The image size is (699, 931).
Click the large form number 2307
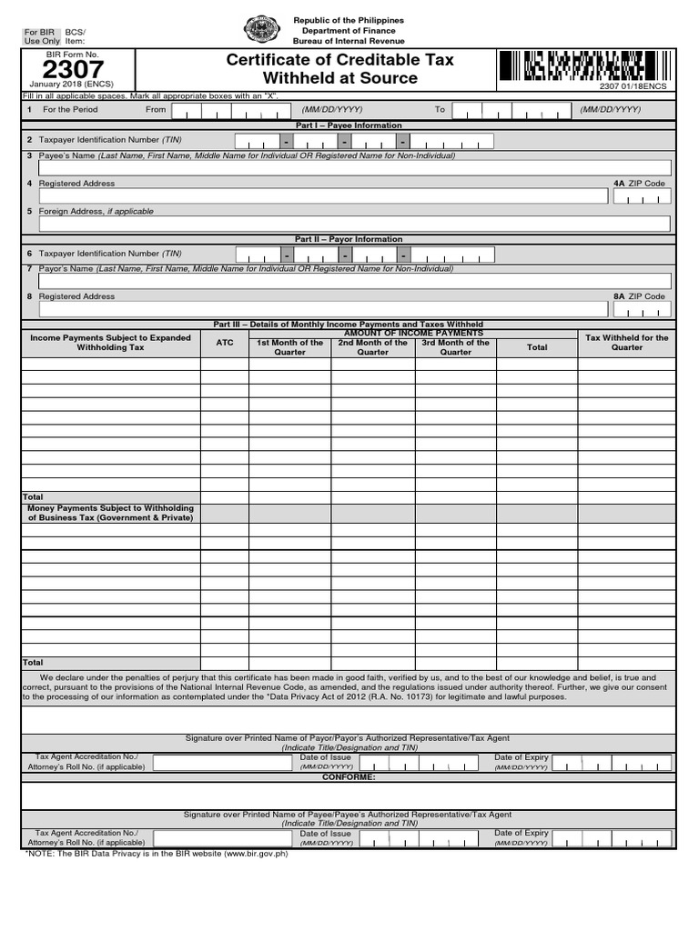click(x=74, y=70)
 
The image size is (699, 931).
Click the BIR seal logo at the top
click(x=262, y=29)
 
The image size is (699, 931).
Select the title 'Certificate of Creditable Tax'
click(x=339, y=60)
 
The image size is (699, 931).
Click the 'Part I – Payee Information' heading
click(x=349, y=125)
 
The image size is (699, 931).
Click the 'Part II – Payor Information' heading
click(x=349, y=239)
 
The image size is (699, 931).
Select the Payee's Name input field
click(x=354, y=167)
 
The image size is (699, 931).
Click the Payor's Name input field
click(x=354, y=281)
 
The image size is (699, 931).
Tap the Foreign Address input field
click(x=354, y=224)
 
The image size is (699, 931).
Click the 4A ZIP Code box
click(x=642, y=196)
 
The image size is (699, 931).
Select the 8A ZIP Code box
click(x=642, y=310)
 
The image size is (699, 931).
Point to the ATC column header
click(x=225, y=343)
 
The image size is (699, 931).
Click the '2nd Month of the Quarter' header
click(x=373, y=347)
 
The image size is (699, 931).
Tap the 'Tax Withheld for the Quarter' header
click(x=626, y=343)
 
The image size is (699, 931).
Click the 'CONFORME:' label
click(x=349, y=777)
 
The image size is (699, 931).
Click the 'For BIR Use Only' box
click(x=41, y=36)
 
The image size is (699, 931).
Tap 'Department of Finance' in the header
click(x=349, y=30)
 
